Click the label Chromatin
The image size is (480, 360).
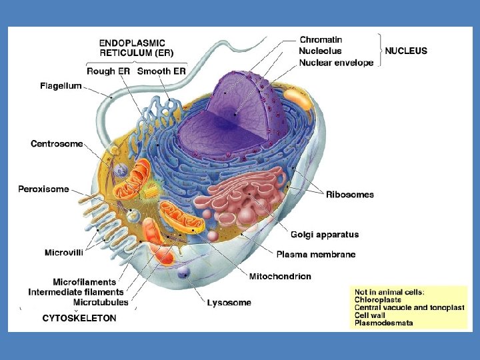321,40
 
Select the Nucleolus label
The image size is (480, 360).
320,51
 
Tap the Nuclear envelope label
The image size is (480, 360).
336,63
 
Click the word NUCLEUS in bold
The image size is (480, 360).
406,51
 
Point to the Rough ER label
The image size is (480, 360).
109,71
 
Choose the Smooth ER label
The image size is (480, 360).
161,71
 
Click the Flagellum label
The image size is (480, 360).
61,86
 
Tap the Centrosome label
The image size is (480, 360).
57,144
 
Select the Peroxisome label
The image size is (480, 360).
43,189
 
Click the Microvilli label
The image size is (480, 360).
64,253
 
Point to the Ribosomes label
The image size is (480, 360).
349,195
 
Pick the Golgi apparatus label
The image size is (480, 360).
325,235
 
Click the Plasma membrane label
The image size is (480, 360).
315,255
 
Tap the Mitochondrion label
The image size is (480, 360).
280,276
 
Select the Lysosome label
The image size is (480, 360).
229,303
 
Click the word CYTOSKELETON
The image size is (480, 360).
79,318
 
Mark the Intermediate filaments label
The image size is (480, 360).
76,292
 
